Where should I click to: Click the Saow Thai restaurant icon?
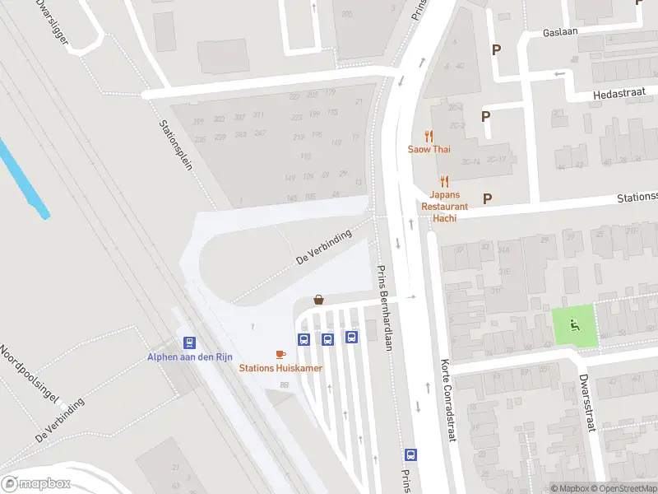[x=429, y=137]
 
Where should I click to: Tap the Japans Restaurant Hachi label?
[x=444, y=201]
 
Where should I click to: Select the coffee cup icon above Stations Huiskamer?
[x=280, y=354]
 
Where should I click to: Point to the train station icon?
[x=189, y=343]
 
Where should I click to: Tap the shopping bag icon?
[x=318, y=301]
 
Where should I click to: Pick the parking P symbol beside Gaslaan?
[x=496, y=49]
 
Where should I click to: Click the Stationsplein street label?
[x=175, y=144]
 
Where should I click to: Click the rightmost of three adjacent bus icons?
[x=351, y=337]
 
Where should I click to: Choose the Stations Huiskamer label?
[x=280, y=368]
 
